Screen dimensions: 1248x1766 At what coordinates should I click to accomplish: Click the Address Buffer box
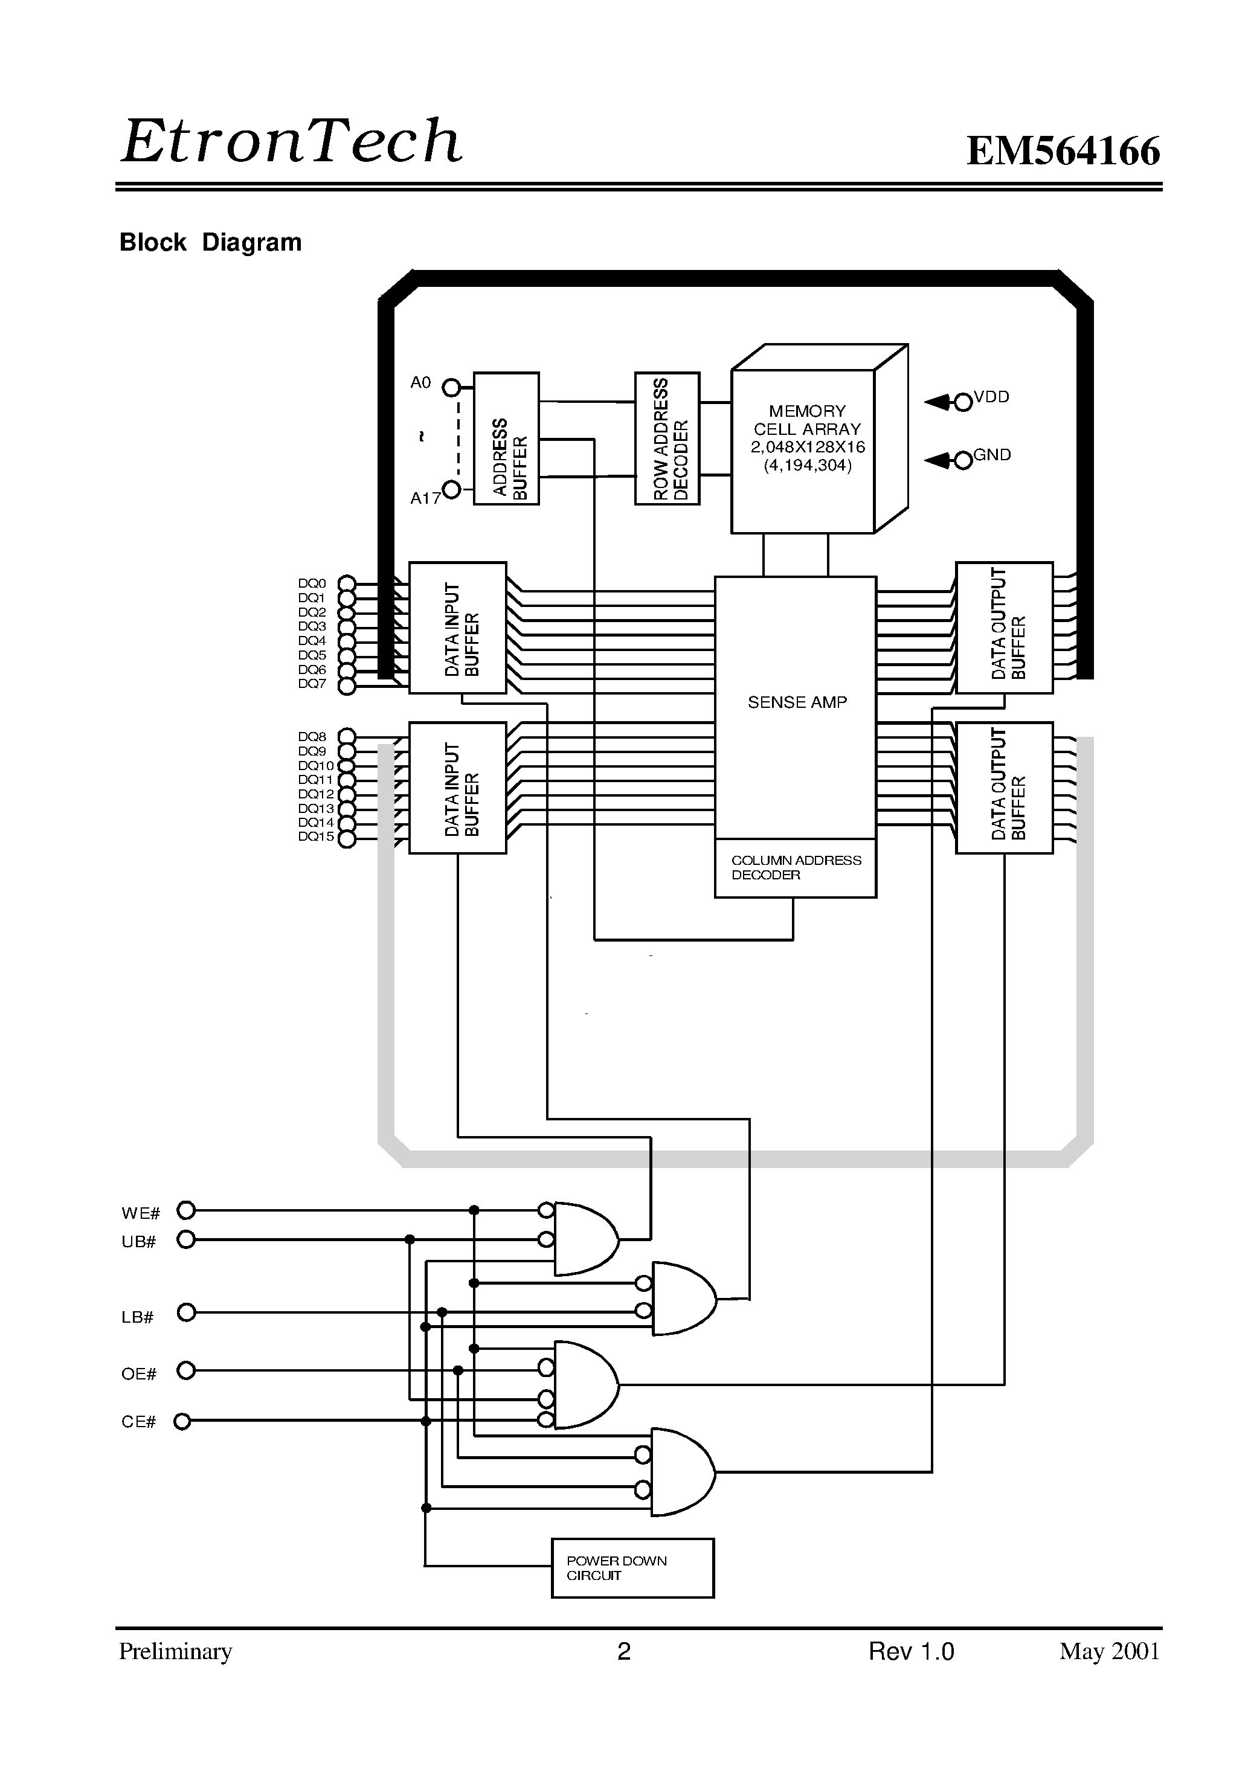[506, 438]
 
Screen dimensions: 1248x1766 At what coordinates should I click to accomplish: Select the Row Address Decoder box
[667, 438]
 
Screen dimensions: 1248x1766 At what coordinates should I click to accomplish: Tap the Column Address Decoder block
[796, 868]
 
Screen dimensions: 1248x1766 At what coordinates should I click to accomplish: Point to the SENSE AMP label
[797, 702]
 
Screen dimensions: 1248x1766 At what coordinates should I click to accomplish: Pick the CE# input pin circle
[182, 1421]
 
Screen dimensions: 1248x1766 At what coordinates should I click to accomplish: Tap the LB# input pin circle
[186, 1312]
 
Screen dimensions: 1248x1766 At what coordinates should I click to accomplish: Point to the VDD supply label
[991, 397]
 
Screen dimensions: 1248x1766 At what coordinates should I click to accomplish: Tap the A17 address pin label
[425, 498]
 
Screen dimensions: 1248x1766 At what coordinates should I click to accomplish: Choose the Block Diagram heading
[210, 242]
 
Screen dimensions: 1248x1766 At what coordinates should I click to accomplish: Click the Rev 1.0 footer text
[911, 1651]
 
